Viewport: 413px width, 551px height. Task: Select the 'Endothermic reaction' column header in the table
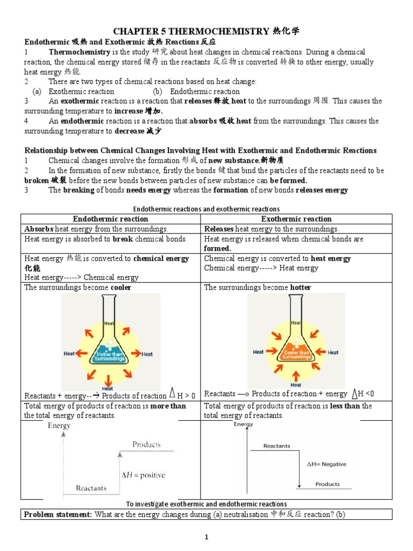tap(110, 218)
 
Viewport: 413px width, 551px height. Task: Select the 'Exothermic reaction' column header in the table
tap(296, 218)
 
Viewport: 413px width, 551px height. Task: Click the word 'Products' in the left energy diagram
tap(146, 444)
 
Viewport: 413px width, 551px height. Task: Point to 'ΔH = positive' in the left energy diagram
tap(143, 475)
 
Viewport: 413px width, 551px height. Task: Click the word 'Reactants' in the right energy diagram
tap(276, 446)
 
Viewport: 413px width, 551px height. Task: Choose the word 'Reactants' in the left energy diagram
tap(91, 488)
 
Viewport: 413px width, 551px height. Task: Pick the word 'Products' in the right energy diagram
tap(327, 484)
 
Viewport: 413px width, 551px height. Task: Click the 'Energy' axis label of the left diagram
tap(59, 426)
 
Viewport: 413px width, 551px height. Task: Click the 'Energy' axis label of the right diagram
tap(243, 424)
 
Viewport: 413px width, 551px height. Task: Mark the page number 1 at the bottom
tap(206, 537)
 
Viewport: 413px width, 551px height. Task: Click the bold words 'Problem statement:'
tap(58, 514)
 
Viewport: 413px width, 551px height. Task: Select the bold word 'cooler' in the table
tap(121, 287)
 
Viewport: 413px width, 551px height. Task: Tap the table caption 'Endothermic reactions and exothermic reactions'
tap(206, 209)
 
